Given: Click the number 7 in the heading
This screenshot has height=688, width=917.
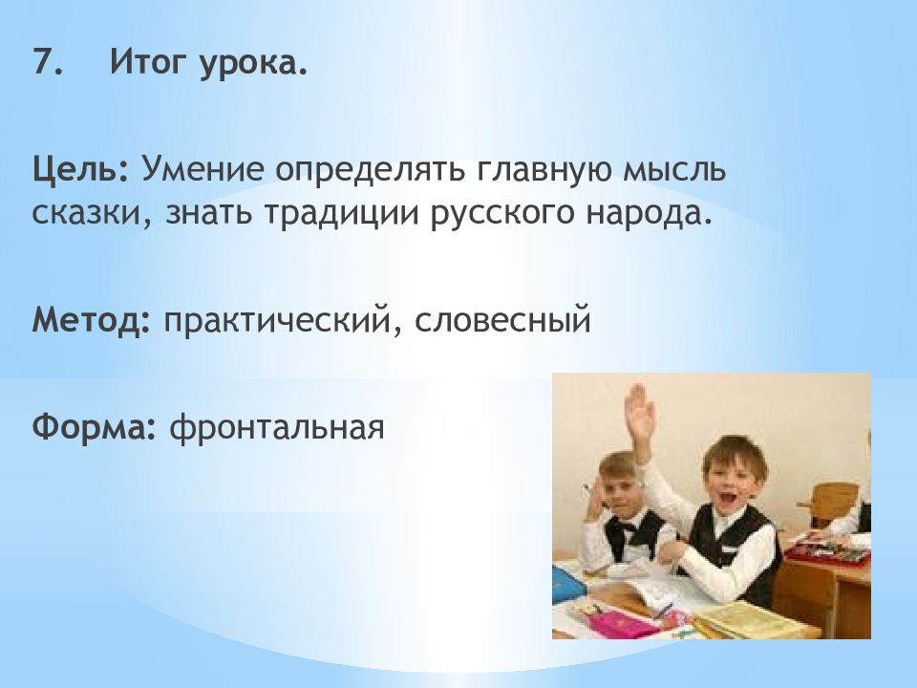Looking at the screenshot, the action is (x=46, y=61).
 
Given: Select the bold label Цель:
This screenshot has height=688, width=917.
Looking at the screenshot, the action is (x=79, y=170).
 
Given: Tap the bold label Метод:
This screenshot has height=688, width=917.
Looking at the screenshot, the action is (x=92, y=320).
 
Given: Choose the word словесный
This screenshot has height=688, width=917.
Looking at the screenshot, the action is (x=503, y=322).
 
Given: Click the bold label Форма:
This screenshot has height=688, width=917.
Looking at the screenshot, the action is (x=95, y=428).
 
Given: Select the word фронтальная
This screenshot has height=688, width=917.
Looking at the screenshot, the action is (x=277, y=428).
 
